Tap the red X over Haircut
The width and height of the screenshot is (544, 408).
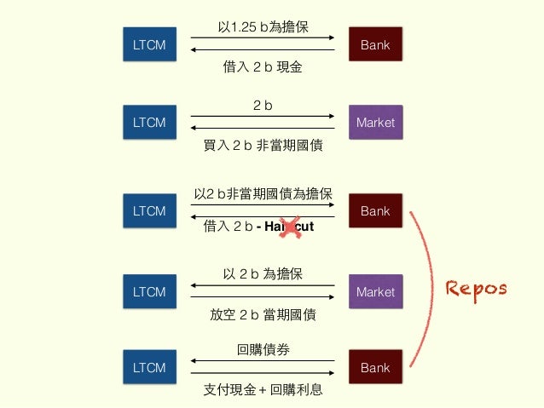pos(292,227)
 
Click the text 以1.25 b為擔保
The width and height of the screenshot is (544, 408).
pos(263,28)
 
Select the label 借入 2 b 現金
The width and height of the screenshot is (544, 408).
pos(263,66)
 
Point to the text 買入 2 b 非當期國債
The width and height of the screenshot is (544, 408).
pos(263,146)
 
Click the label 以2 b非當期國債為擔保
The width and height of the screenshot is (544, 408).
pos(263,194)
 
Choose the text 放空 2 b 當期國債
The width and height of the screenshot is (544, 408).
pos(263,314)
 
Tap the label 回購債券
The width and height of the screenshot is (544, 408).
pos(263,349)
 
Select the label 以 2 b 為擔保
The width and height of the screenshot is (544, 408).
pos(263,274)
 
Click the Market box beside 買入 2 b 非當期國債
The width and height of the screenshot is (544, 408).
pos(375,123)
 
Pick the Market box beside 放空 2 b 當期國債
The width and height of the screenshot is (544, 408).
pos(375,292)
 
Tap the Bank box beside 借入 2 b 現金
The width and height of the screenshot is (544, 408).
pos(375,44)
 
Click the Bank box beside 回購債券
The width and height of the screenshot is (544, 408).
pos(375,368)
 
